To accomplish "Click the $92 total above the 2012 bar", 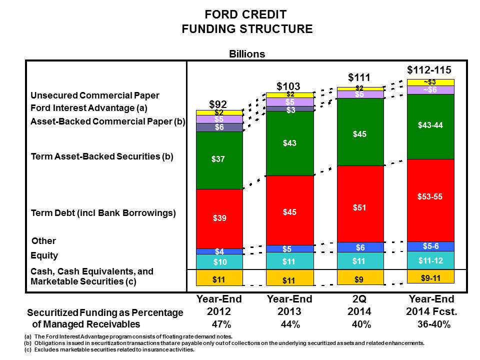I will tap(218, 104).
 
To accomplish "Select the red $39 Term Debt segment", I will tap(218, 218).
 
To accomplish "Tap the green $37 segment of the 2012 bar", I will tap(218, 160).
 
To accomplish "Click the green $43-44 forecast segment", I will tap(430, 126).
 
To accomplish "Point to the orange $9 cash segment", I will tap(360, 277).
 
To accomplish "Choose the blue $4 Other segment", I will tap(218, 251).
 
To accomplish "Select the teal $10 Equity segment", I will tap(218, 261).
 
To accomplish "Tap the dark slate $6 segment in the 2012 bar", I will tap(218, 127).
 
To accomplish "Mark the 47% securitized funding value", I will tap(218, 324).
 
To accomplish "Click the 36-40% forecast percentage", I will tap(434, 324).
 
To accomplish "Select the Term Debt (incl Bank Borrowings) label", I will tap(103, 213).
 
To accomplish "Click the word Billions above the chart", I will tap(247, 54).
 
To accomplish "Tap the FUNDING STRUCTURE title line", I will tap(247, 29).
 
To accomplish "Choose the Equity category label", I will tap(44, 255).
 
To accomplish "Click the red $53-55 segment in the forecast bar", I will tap(430, 197).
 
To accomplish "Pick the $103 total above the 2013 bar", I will tap(288, 86).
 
